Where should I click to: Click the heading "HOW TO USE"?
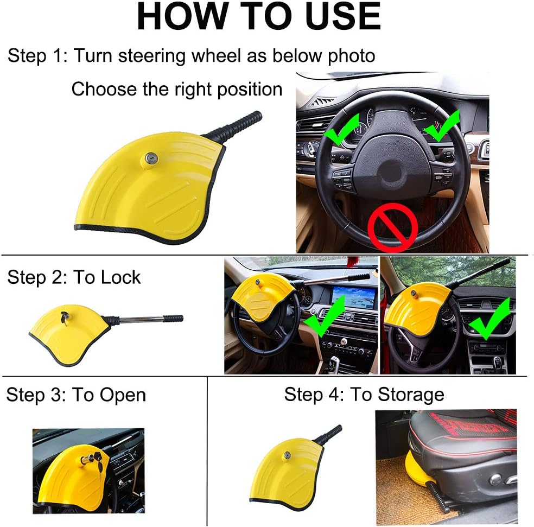pyautogui.click(x=258, y=17)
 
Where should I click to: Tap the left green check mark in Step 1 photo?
pyautogui.click(x=341, y=129)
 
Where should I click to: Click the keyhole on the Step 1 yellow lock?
pyautogui.click(x=150, y=158)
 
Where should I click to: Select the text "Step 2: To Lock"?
pyautogui.click(x=74, y=277)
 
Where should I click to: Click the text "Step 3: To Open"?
pyautogui.click(x=76, y=395)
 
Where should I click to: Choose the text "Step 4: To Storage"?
pyautogui.click(x=364, y=395)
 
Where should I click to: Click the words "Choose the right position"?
pyautogui.click(x=177, y=89)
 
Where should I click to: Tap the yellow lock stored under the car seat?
pyautogui.click(x=415, y=473)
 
